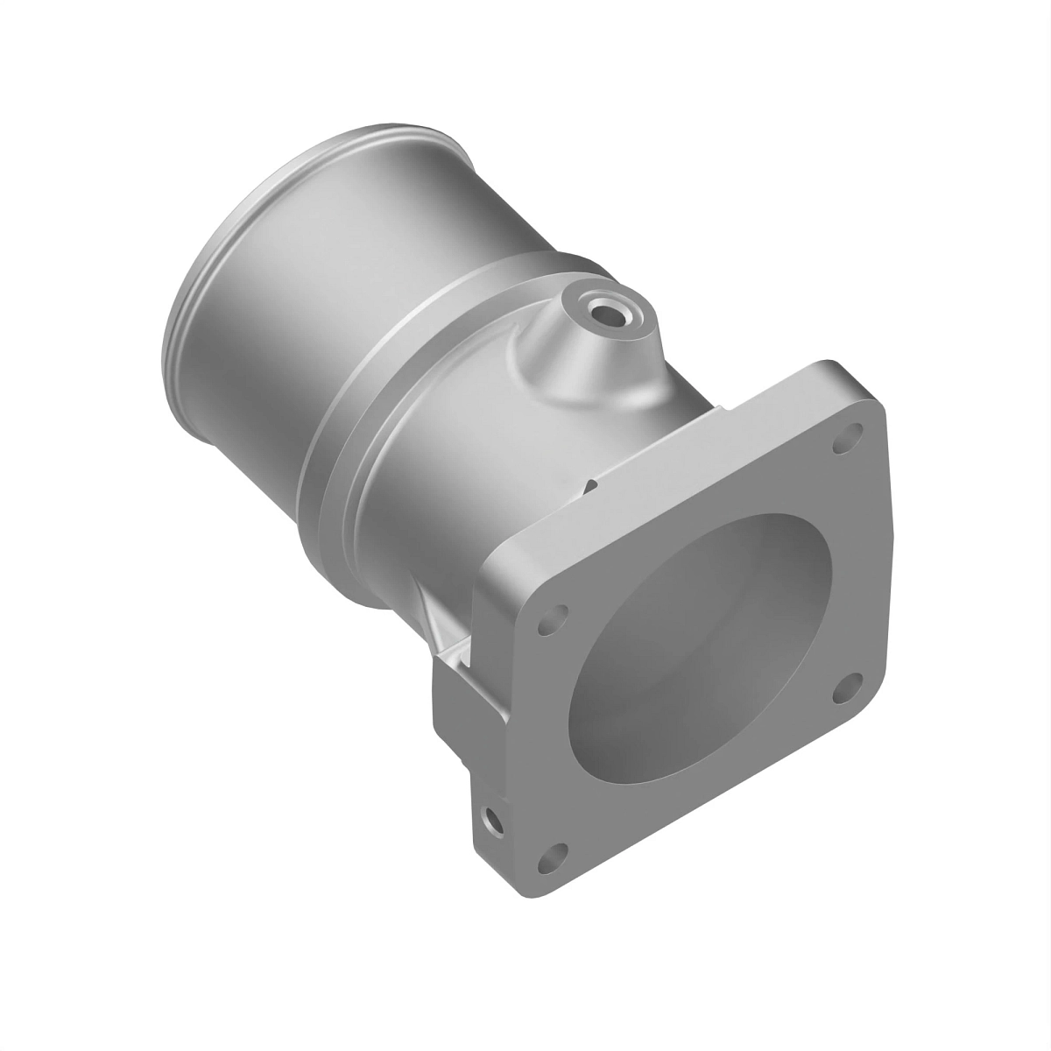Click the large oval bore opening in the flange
pyautogui.click(x=701, y=648)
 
